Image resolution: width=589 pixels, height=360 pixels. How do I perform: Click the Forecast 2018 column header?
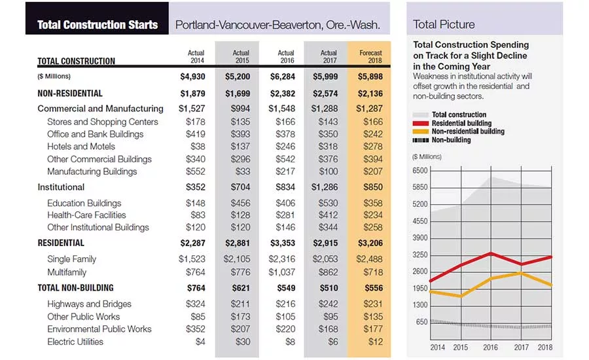point(370,57)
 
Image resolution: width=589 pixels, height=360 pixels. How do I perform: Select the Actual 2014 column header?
point(196,57)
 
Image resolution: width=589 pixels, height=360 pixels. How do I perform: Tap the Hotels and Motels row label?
point(80,147)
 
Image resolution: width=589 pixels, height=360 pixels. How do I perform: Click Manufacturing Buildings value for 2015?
point(243,171)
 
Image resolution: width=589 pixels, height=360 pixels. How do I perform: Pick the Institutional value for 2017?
point(324,187)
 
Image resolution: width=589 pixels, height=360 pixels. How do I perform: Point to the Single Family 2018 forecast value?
point(369,259)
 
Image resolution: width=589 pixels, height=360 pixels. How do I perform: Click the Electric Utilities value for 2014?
point(200,342)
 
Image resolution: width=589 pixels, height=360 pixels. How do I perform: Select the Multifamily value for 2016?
point(281,272)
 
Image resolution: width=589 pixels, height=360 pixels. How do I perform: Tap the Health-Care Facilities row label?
point(86,215)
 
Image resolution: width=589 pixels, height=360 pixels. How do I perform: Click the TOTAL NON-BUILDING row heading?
point(75,288)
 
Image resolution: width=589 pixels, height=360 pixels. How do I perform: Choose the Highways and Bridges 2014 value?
point(195,304)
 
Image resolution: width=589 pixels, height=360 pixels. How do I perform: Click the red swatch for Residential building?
point(420,123)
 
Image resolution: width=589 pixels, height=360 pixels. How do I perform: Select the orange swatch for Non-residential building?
point(420,132)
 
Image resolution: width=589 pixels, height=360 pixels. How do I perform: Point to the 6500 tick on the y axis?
point(420,171)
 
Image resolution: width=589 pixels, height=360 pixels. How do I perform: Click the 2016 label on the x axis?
point(490,347)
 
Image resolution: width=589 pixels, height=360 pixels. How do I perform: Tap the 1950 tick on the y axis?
point(420,288)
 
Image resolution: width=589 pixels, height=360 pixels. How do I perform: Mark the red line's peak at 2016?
point(491,253)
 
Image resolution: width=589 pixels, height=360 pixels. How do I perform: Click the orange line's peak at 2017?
point(521,272)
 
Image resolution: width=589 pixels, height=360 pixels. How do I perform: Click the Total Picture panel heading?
point(444,24)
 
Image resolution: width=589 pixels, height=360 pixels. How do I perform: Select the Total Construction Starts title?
point(98,25)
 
